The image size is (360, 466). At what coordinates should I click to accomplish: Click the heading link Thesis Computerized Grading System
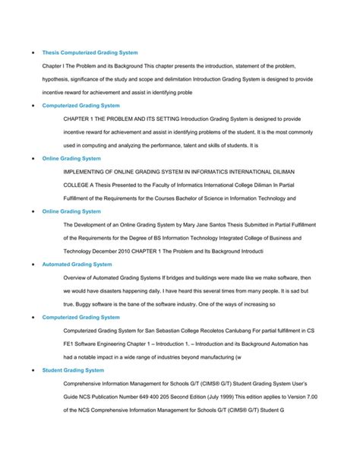[90, 52]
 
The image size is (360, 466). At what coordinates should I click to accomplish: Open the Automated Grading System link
[77, 264]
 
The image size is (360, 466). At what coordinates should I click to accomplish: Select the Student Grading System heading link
[73, 370]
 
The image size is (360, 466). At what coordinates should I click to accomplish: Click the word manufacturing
[212, 357]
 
